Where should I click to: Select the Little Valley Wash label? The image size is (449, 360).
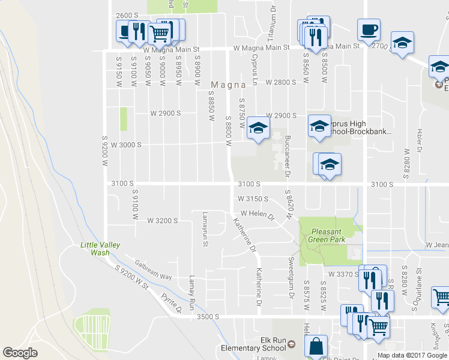[x=101, y=248]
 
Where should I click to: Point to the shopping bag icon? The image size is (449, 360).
[x=316, y=347]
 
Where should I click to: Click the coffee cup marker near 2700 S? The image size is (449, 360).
[x=369, y=29]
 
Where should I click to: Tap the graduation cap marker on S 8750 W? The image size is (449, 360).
[x=259, y=128]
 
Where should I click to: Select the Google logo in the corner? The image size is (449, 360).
[x=20, y=352]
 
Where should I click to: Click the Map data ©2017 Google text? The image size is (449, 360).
[x=412, y=355]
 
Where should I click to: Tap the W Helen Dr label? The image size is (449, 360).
[x=257, y=214]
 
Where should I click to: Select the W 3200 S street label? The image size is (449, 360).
[x=163, y=221]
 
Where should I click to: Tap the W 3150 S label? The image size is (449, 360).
[x=253, y=199]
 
